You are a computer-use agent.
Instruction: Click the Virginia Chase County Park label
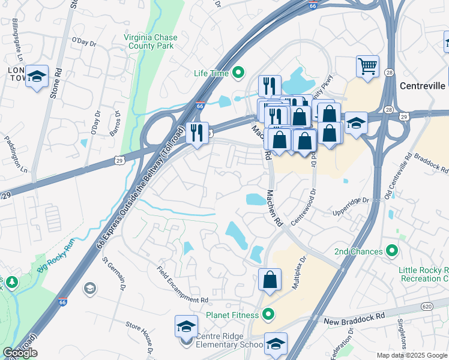click(x=151, y=41)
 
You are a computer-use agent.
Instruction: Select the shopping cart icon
click(x=367, y=65)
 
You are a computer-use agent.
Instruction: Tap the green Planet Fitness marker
click(x=268, y=314)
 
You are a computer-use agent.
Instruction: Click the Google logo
click(x=20, y=353)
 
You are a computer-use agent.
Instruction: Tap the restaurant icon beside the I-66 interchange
click(x=197, y=132)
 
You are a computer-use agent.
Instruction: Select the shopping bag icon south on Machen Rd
click(x=270, y=278)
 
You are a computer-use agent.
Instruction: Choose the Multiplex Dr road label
click(x=300, y=273)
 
